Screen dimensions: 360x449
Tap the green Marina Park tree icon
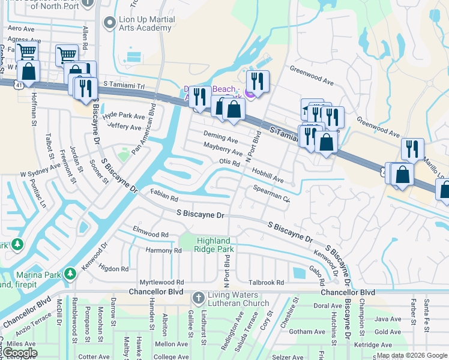pyautogui.click(x=70, y=274)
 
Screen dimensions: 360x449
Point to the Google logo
pyautogui.click(x=19, y=353)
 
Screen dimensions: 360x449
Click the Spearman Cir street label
pyautogui.click(x=271, y=194)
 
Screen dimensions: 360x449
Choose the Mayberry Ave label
pyautogui.click(x=222, y=149)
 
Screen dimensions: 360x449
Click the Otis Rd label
pyautogui.click(x=229, y=162)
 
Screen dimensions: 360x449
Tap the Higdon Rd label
pyautogui.click(x=113, y=269)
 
